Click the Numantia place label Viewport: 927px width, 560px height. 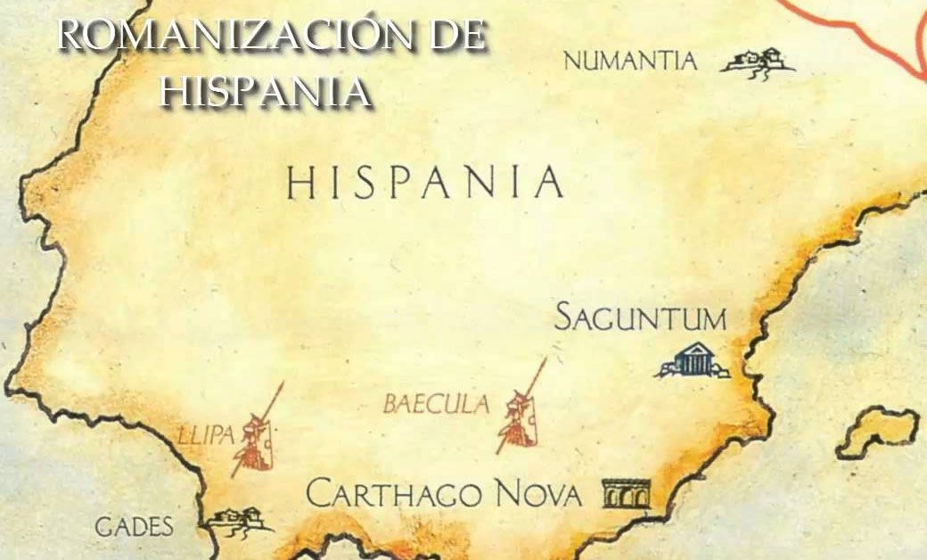tap(629, 62)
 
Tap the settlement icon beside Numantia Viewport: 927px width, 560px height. tap(758, 62)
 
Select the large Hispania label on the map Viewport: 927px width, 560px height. tap(424, 183)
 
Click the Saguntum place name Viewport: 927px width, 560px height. tap(640, 317)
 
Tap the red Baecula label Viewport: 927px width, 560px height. tap(436, 405)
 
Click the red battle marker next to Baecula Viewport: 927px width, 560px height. tap(520, 417)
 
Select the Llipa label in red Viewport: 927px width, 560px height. tap(205, 435)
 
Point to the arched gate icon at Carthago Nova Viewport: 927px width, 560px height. tap(627, 493)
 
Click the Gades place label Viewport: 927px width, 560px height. tap(134, 527)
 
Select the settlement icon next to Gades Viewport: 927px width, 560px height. tap(238, 519)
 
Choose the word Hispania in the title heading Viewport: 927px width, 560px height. tap(265, 91)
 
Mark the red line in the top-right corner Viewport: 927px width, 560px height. tap(856, 27)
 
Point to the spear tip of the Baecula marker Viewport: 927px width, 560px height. tap(543, 365)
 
